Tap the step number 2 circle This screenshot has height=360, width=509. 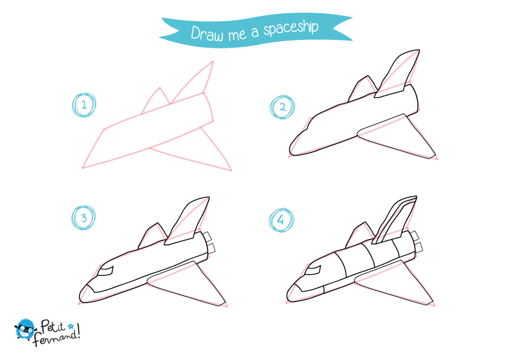tap(281, 108)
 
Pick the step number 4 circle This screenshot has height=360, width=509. tap(280, 220)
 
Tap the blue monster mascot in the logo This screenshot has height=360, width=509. tap(25, 329)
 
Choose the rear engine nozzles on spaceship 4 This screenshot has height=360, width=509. tap(417, 241)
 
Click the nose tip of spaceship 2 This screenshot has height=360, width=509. tap(293, 148)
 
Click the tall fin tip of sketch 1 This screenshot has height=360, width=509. tap(212, 62)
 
